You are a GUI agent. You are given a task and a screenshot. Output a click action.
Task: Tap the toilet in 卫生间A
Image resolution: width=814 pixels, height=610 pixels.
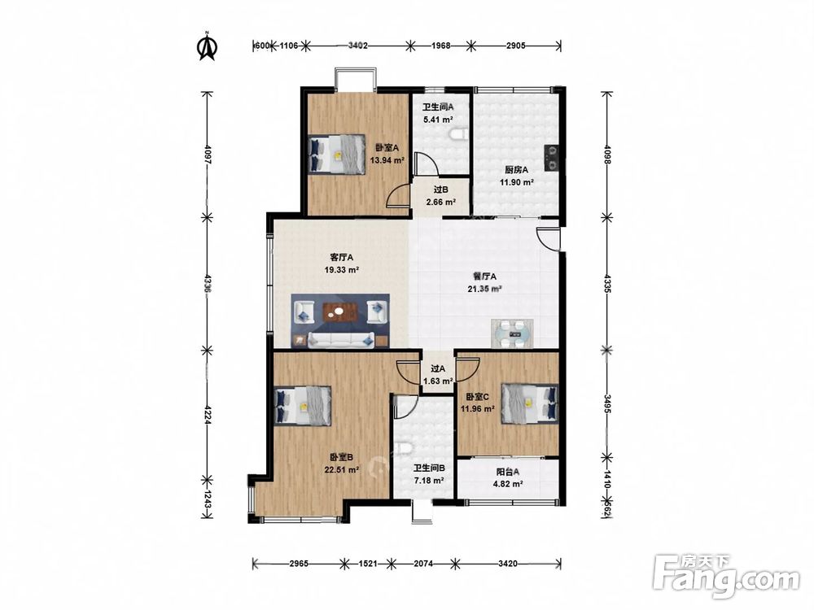point(457,135)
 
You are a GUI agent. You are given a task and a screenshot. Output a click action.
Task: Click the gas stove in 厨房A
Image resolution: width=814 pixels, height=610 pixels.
point(551,158)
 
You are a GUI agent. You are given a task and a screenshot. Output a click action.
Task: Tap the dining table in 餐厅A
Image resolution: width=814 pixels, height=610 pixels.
point(512,333)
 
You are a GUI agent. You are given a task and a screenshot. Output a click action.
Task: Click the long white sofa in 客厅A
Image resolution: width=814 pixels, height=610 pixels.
point(341,340)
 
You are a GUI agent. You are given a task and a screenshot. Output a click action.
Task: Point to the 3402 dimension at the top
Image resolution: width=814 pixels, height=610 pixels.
point(357,46)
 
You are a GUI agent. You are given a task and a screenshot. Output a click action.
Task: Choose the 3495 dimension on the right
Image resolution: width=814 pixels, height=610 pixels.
point(607,403)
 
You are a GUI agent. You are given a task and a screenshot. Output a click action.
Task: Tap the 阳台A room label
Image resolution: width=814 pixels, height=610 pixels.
point(508,472)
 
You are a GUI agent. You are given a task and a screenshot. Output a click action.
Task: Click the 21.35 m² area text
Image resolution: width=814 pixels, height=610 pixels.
point(485,289)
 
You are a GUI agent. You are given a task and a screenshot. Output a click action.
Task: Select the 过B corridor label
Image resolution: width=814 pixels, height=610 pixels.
point(440,190)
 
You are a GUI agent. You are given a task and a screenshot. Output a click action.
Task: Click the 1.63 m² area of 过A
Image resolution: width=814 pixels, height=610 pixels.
point(438,381)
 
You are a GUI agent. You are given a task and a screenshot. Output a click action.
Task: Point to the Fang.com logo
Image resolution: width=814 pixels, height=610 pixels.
point(726,577)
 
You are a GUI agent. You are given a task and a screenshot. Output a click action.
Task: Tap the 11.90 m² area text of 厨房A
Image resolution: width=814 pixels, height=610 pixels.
point(517,182)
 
